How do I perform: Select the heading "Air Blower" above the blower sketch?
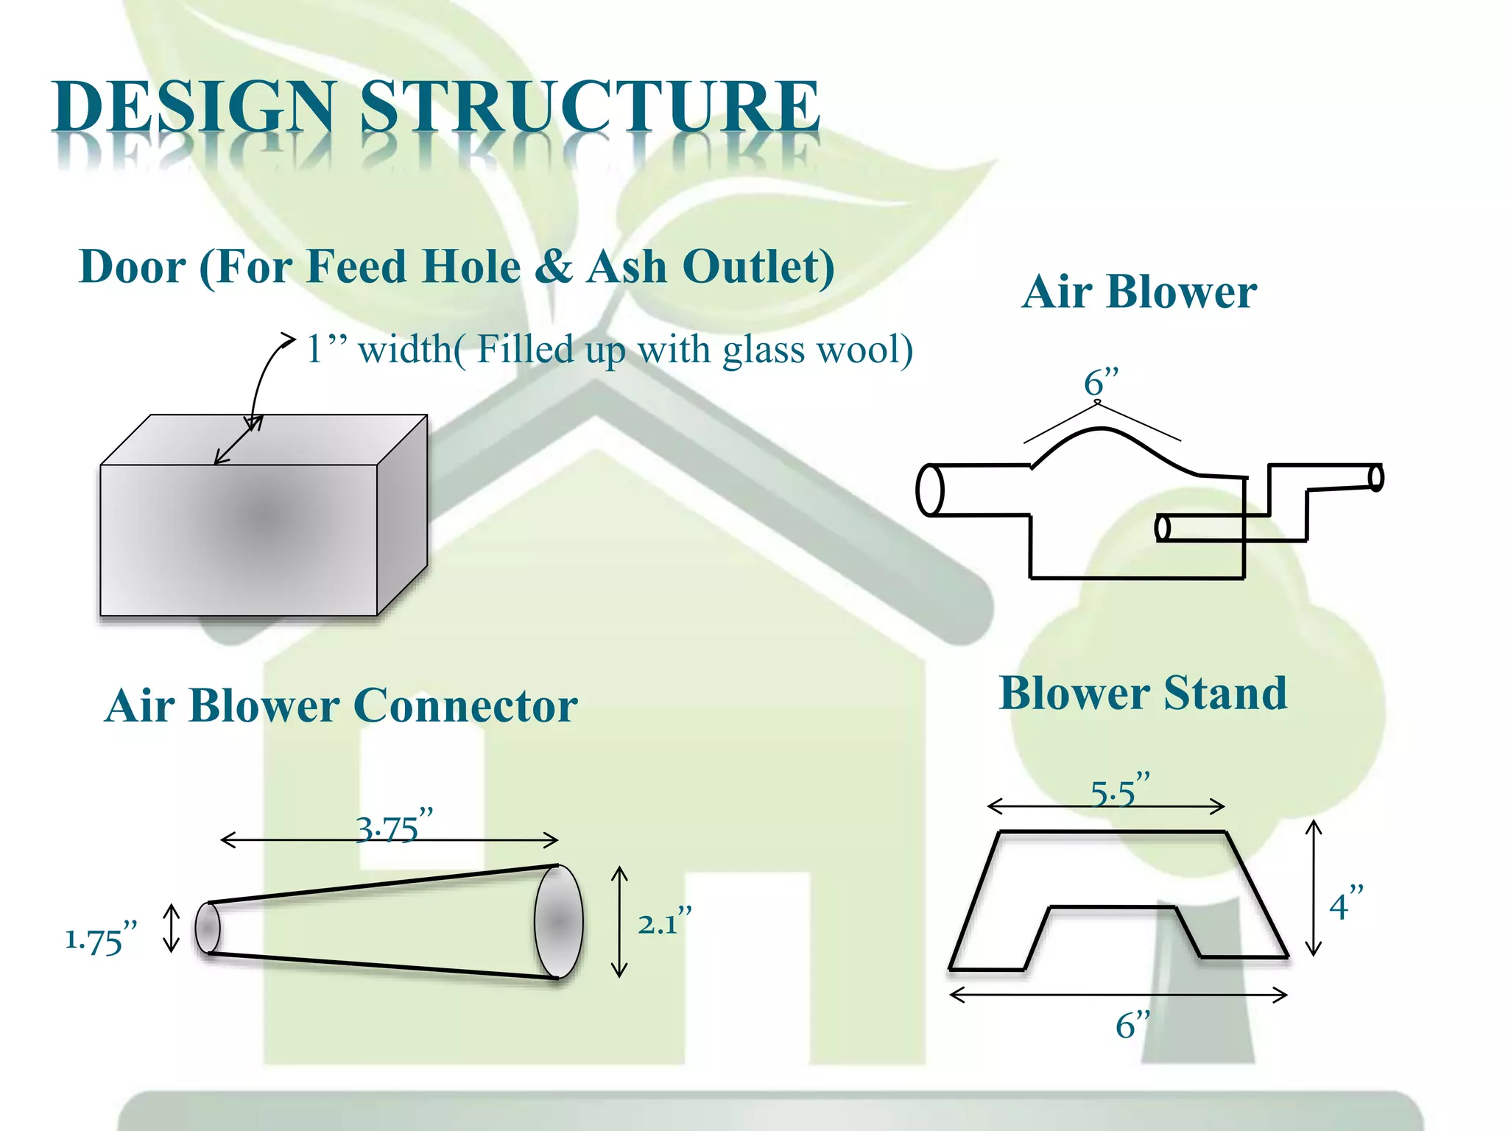(x=1138, y=292)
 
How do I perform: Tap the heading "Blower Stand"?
(x=1143, y=693)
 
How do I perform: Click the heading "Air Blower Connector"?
(x=341, y=705)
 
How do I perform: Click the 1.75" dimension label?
(x=101, y=939)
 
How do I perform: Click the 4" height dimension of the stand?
(x=1345, y=904)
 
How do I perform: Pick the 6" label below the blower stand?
(x=1132, y=1024)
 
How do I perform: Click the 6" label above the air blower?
(x=1101, y=382)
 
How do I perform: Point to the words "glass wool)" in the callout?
(x=817, y=350)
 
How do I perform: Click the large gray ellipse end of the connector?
(x=558, y=921)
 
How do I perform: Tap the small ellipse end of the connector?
(x=208, y=928)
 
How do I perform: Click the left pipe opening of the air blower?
(x=930, y=490)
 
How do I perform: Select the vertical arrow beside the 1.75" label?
(x=172, y=928)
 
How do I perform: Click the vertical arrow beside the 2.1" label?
(x=620, y=922)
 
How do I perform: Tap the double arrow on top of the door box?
(x=238, y=440)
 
